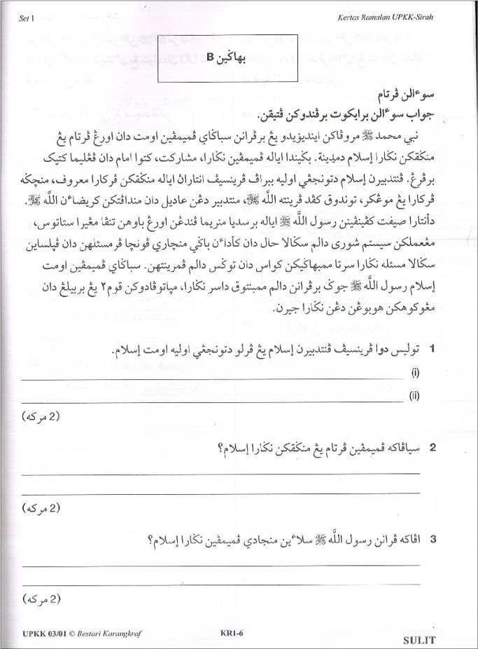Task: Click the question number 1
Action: [433, 348]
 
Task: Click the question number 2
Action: [433, 447]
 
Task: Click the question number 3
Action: [433, 540]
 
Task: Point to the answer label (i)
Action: [414, 374]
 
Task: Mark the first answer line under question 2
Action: [220, 474]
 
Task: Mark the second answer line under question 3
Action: [220, 584]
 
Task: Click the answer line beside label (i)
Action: [210, 378]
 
